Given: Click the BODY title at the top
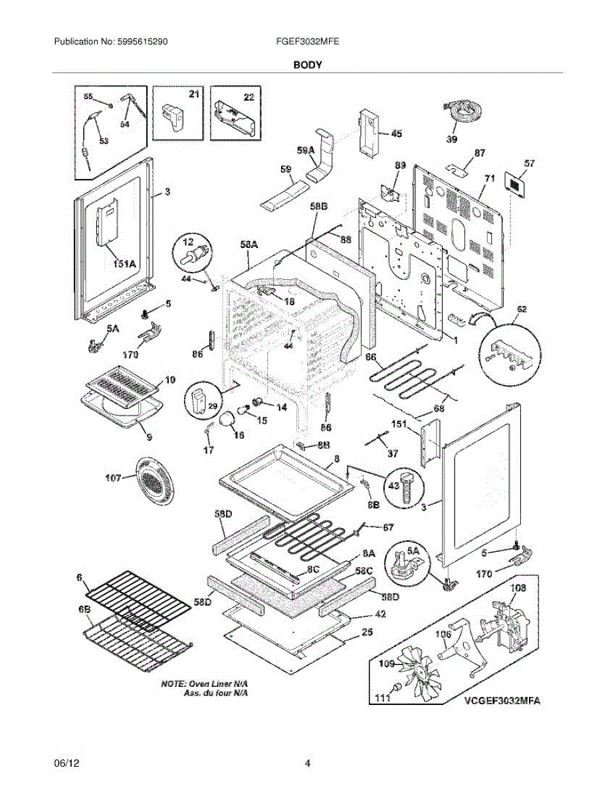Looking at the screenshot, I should (308, 65).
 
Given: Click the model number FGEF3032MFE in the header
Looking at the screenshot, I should (307, 41).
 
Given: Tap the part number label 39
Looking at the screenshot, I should (451, 139).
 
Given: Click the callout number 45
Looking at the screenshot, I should (396, 134).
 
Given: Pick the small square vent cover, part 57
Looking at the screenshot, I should (515, 182).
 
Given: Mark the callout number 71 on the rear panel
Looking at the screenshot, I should (490, 178).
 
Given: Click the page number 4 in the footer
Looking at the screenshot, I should (308, 763).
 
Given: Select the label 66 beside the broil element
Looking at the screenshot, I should (370, 357).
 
